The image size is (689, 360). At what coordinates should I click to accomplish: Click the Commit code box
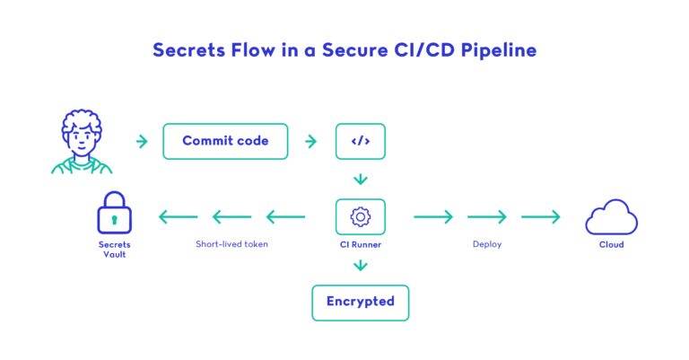pos(225,141)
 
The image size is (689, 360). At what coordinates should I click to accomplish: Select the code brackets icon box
pos(360,141)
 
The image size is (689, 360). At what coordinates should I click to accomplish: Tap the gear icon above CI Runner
pos(360,216)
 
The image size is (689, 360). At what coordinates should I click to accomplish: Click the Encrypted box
pos(360,302)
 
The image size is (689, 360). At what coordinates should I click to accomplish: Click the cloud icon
pos(611,218)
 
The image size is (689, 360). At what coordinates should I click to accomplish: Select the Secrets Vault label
pos(114,250)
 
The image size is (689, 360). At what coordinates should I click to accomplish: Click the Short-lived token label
pos(231,244)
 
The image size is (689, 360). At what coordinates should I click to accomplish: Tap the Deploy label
pos(486,244)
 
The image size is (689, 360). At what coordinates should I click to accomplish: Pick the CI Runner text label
pos(360,244)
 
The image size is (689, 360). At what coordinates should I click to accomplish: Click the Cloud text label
pos(611,244)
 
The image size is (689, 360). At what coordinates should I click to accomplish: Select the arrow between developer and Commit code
pos(142,141)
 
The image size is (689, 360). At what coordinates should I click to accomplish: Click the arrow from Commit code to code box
pos(311,141)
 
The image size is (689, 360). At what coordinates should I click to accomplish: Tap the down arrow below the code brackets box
pos(360,179)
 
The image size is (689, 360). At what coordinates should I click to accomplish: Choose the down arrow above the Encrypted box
pos(360,266)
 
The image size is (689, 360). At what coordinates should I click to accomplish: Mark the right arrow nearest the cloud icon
pos(541,216)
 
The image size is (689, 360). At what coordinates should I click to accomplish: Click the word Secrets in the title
pos(187,50)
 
